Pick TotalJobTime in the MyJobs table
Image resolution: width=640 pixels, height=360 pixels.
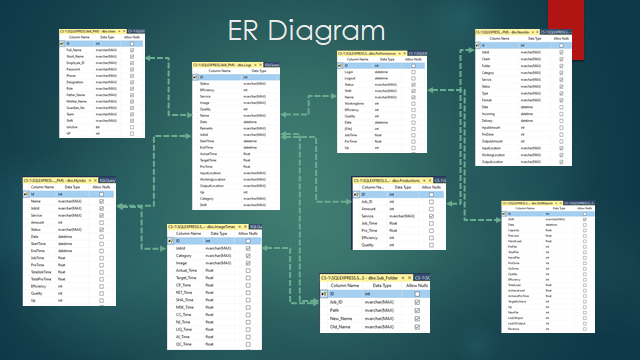[43, 270]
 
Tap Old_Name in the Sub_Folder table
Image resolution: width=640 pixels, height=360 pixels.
[343, 326]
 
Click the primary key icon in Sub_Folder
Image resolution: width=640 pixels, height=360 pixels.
[326, 293]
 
